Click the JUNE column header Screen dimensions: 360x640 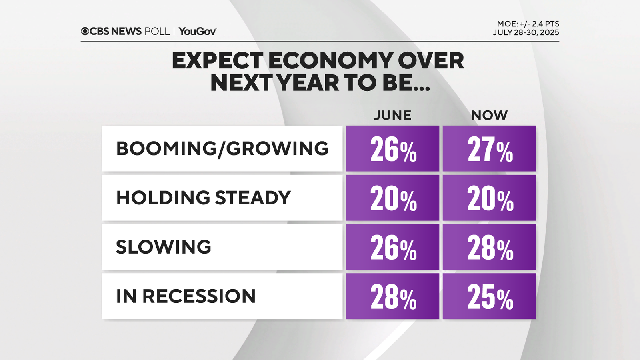coord(392,115)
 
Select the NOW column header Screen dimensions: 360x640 coord(489,115)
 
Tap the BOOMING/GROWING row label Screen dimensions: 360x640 coord(222,148)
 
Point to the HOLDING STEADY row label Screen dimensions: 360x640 coord(203,198)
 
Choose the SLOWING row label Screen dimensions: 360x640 coord(164,247)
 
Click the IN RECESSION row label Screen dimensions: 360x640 coord(186,296)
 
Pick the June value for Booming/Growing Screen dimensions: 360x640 coord(392,149)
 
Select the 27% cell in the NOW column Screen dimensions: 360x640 coord(489,149)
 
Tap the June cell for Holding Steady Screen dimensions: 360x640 coord(392,198)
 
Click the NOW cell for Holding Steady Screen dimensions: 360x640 coord(489,198)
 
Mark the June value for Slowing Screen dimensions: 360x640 coord(392,247)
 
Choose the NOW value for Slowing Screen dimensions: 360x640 coord(489,247)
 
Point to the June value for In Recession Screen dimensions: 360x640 coord(392,296)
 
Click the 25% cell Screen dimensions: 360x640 coord(489,296)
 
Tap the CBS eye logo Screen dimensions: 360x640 coord(85,31)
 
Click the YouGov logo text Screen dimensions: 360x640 coord(198,31)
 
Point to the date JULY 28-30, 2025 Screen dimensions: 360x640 coord(526,33)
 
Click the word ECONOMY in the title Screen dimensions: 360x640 coord(330,61)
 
